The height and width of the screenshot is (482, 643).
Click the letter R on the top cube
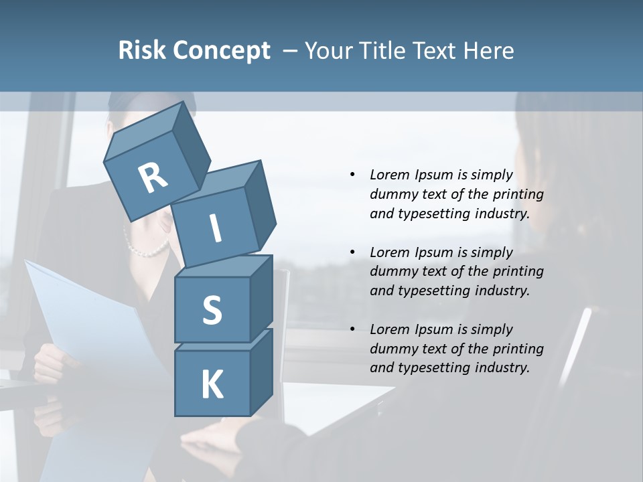[153, 178]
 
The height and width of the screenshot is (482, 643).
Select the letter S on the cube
[212, 310]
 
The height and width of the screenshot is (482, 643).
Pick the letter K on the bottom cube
[212, 384]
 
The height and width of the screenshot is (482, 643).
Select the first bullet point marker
[352, 175]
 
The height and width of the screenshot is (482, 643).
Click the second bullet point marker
[352, 252]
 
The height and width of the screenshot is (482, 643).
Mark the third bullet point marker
[352, 329]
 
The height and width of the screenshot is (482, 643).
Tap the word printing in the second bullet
[518, 272]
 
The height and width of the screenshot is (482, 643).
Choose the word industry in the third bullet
[502, 368]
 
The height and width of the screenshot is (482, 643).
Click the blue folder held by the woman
[87, 315]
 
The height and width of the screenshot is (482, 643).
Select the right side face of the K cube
[261, 372]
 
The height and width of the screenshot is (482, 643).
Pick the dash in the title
[291, 51]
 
